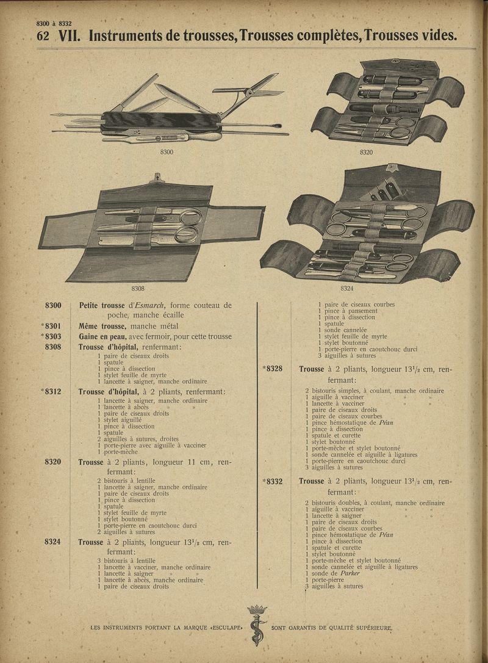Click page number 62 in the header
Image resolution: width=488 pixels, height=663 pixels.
tap(43, 36)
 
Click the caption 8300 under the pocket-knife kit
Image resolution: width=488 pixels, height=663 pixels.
tap(167, 153)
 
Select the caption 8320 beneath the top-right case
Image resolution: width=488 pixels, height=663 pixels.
tap(366, 153)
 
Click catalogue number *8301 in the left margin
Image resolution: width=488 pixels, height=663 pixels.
tap(51, 326)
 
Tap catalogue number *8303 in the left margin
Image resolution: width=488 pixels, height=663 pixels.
tap(51, 336)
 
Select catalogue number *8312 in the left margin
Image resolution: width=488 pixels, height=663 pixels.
tap(51, 391)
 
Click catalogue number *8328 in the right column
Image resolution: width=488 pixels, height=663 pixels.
tap(272, 369)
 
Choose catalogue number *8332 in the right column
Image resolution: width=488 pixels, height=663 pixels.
tap(272, 481)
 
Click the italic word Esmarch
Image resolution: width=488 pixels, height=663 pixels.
tap(148, 305)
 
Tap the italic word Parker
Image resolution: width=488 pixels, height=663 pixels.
tap(350, 573)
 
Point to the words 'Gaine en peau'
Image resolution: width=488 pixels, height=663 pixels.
tap(101, 336)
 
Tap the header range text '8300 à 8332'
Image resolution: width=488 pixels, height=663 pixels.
tap(54, 24)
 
